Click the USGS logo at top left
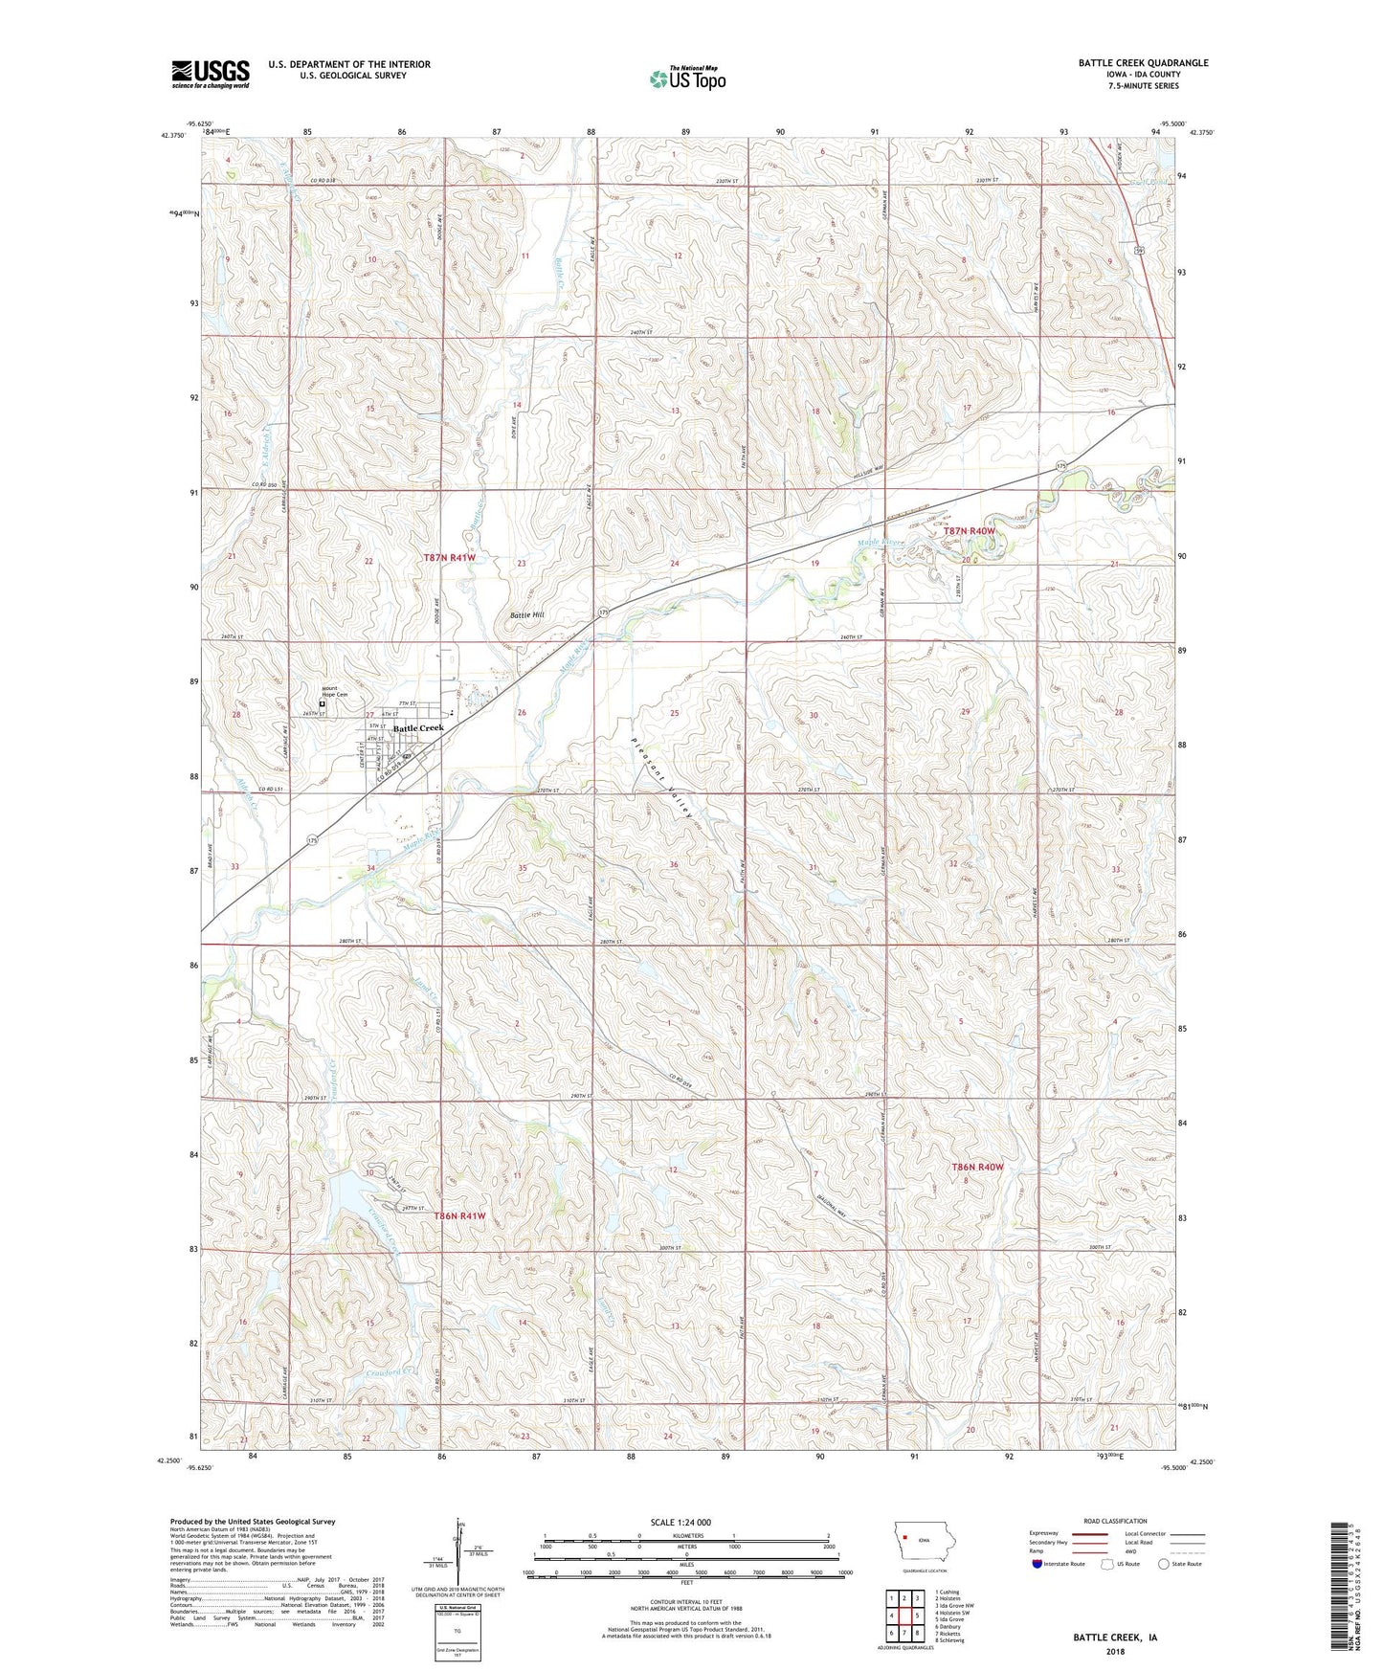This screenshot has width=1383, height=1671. point(211,74)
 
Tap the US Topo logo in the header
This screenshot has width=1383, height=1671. point(686,78)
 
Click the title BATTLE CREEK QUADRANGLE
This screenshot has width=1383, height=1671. point(1143,63)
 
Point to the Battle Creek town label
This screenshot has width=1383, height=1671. point(418,728)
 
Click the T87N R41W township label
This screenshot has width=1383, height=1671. point(449,557)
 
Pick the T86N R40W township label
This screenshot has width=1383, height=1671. point(977,1167)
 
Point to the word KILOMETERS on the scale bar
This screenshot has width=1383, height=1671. point(683,1535)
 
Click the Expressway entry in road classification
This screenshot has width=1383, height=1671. point(1044,1533)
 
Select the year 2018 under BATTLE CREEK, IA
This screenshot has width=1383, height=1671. point(1114,1651)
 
